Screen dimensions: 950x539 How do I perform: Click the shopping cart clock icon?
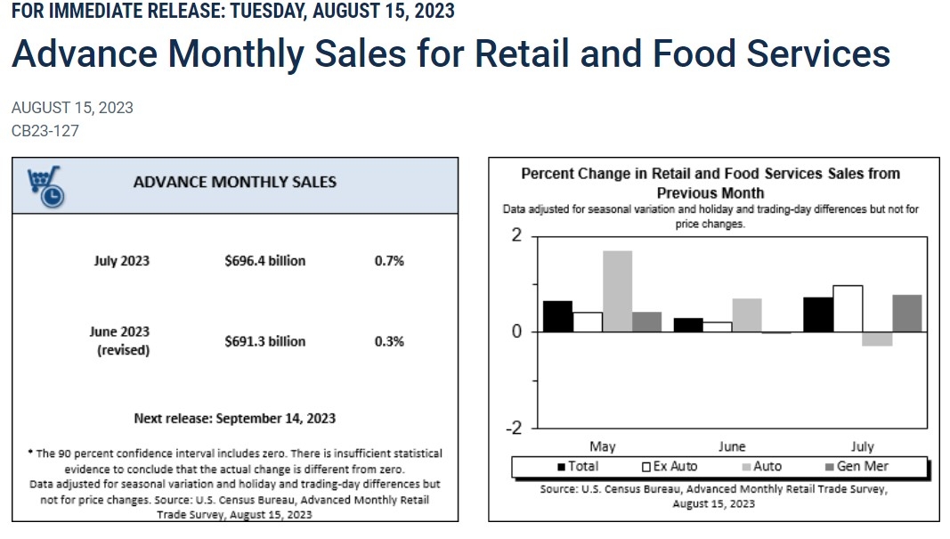tap(46, 187)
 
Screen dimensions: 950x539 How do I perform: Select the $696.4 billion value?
tap(264, 261)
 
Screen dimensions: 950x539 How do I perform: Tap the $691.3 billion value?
tap(264, 341)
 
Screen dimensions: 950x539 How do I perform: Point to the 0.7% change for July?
tap(389, 261)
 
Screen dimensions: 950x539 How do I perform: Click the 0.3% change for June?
tap(389, 341)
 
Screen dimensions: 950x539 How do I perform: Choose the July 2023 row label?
tap(121, 261)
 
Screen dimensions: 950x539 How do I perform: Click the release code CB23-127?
tap(45, 131)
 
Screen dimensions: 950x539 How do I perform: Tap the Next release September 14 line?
tap(234, 419)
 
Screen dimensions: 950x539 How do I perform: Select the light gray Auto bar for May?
tap(617, 291)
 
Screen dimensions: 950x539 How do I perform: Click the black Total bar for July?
tap(818, 314)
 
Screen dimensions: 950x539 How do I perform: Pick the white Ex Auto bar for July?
tap(848, 308)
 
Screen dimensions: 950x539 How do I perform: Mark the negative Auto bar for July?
tap(877, 339)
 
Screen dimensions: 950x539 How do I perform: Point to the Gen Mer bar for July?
tap(907, 314)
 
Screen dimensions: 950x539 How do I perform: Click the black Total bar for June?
tap(688, 325)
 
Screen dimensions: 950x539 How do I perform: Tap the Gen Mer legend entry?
tap(857, 466)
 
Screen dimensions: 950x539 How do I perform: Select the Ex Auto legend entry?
tap(670, 466)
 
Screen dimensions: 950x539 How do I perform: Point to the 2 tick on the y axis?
tap(516, 235)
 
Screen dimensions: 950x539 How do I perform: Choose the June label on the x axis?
tap(732, 447)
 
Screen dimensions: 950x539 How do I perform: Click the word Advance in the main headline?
tap(85, 53)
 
